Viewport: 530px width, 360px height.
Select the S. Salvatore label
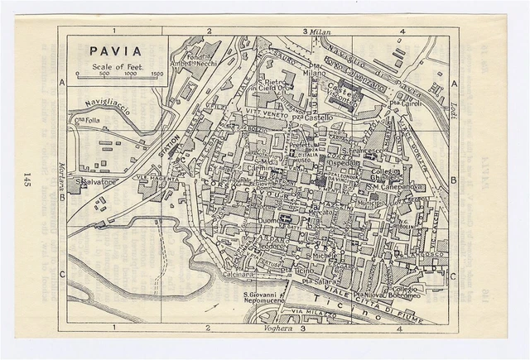click(94, 180)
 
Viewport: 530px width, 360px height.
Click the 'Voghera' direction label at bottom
click(277, 329)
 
